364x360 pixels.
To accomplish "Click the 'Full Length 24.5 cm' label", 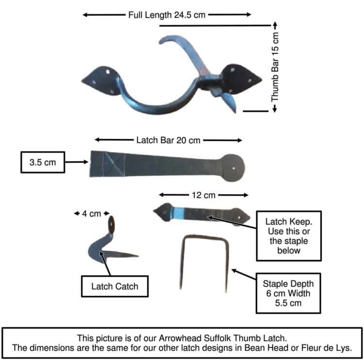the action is point(166,15).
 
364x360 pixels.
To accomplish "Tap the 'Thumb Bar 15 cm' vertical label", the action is point(275,67).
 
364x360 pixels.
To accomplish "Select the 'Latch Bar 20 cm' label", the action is point(168,140).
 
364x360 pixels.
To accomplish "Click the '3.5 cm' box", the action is point(43,162).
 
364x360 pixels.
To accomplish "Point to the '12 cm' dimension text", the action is point(203,195).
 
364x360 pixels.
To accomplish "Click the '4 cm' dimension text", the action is point(91,214).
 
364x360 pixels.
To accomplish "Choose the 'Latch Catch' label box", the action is point(115,286).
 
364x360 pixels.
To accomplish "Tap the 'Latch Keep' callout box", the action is point(289,236).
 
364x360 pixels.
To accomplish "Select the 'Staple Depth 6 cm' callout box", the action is point(288,293).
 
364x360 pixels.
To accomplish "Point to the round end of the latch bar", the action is point(232,168).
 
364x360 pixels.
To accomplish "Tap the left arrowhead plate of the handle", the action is point(101,81).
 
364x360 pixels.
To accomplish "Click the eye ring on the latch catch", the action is point(112,224).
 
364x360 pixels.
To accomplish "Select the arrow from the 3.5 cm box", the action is point(77,162).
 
